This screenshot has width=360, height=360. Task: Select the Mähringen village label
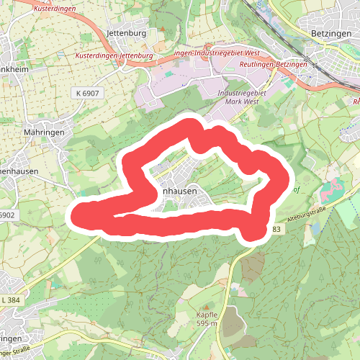(x=43, y=132)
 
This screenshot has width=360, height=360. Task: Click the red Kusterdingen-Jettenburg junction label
(x=114, y=55)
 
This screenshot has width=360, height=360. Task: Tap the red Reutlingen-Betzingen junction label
(x=272, y=65)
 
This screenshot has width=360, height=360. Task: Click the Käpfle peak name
(x=206, y=315)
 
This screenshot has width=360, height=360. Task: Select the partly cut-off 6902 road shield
(x=6, y=215)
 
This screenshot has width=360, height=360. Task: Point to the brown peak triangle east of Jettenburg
(x=163, y=32)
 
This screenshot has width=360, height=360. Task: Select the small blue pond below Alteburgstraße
(x=315, y=229)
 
